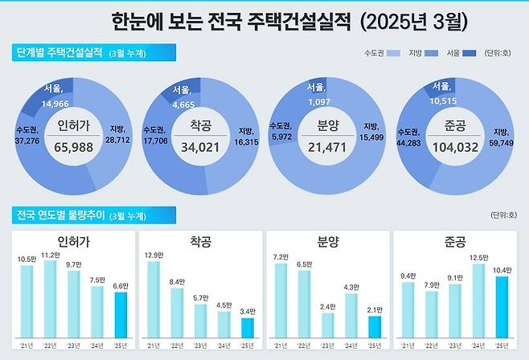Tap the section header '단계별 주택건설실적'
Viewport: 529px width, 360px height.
click(60, 53)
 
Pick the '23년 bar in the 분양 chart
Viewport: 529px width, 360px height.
click(327, 325)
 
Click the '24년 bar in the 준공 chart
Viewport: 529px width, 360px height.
click(477, 300)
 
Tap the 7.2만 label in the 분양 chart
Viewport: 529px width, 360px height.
click(280, 256)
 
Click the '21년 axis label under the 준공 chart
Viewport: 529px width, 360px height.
click(407, 345)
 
